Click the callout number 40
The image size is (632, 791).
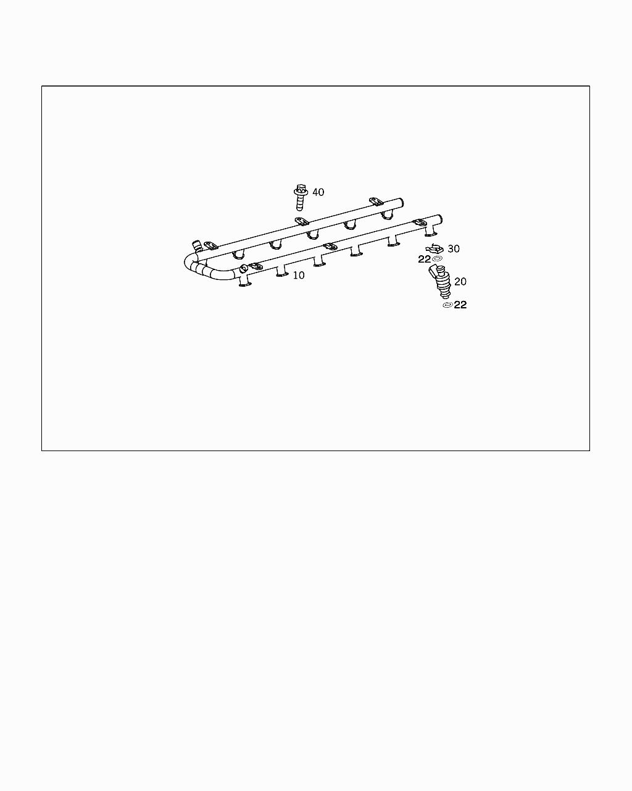click(318, 192)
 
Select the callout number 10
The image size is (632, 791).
click(299, 276)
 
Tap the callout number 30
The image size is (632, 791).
click(454, 249)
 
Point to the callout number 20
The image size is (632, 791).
click(460, 282)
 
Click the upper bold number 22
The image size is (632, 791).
click(424, 260)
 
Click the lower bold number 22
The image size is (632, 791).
click(460, 305)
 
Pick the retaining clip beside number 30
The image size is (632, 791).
click(435, 248)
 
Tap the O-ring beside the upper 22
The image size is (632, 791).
click(438, 259)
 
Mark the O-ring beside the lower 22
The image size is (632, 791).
click(447, 305)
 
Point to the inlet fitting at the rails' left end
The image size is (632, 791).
click(197, 245)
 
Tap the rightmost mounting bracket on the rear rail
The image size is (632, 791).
click(376, 201)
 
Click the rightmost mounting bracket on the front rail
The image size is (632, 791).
click(419, 222)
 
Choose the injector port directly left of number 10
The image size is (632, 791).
click(282, 272)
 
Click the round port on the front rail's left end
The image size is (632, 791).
click(244, 268)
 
